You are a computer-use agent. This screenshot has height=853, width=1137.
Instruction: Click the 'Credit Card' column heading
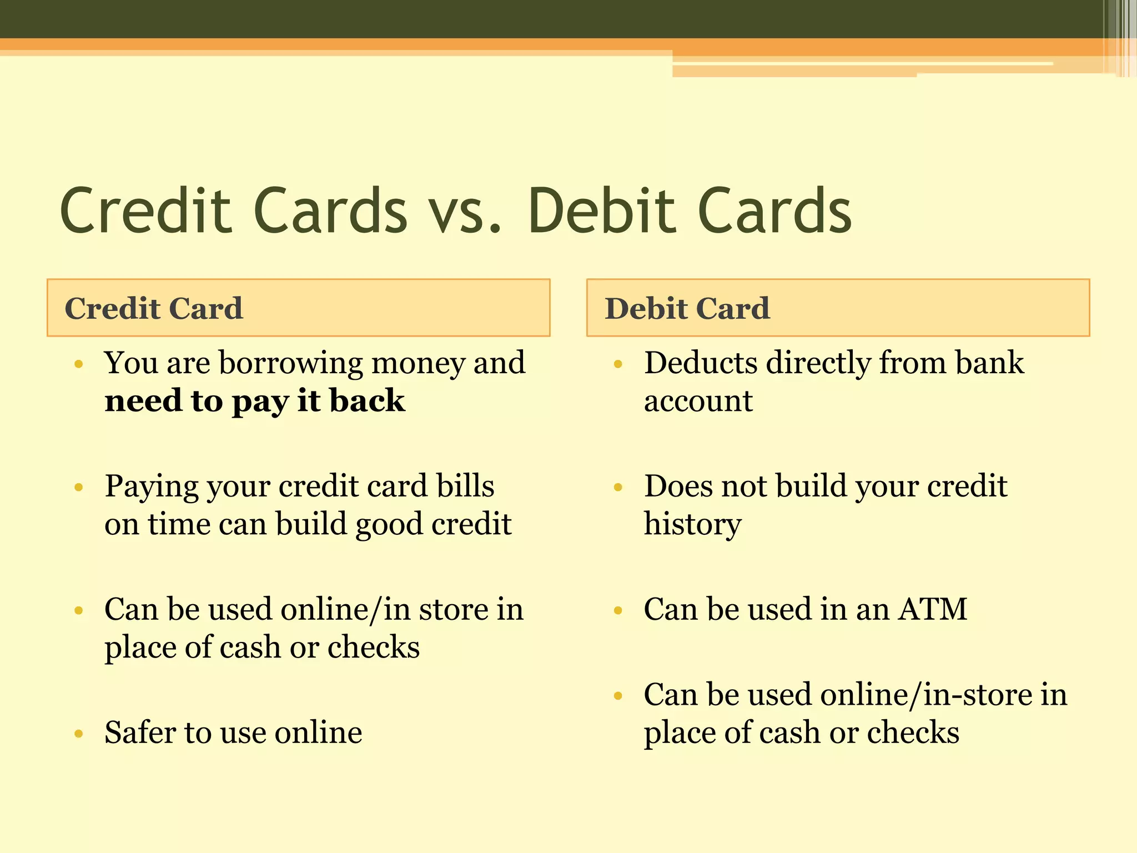154,308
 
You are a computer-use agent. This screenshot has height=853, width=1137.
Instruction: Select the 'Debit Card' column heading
687,308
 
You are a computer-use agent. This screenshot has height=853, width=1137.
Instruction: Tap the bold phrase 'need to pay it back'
255,401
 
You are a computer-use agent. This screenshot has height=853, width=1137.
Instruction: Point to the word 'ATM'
933,609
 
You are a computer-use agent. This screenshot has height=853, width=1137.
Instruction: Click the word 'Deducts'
700,364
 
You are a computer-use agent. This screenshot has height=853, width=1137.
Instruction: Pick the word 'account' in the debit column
698,401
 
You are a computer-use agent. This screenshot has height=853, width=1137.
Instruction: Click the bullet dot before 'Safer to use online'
79,734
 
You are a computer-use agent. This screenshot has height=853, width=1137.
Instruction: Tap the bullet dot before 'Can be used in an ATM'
618,611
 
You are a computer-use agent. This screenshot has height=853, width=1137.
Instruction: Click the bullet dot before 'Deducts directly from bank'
618,365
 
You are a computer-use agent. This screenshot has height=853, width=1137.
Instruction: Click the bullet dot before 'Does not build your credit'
618,488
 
